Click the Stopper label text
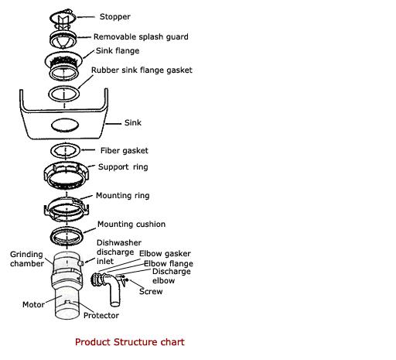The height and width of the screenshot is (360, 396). click(x=115, y=17)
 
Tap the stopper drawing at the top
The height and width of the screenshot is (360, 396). click(x=63, y=19)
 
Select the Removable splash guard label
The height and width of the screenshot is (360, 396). click(x=141, y=36)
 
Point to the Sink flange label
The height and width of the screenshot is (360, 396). click(x=118, y=50)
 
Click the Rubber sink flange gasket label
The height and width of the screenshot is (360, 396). click(x=142, y=70)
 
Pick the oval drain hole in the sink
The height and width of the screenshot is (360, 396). click(x=65, y=125)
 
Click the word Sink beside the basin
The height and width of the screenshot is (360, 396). click(x=133, y=122)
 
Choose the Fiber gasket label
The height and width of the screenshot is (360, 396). click(x=125, y=150)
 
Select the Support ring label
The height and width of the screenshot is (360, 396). click(x=123, y=167)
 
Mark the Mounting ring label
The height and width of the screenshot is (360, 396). click(x=123, y=196)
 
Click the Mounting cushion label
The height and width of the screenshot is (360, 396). click(x=131, y=224)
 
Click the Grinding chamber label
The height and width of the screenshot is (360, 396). click(x=27, y=259)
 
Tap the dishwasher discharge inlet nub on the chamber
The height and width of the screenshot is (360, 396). click(x=80, y=263)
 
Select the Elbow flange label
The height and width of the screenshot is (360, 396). click(x=169, y=264)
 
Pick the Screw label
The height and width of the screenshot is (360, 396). click(x=151, y=291)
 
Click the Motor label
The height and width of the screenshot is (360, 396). click(x=33, y=304)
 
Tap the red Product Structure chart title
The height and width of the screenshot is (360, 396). click(x=130, y=342)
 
